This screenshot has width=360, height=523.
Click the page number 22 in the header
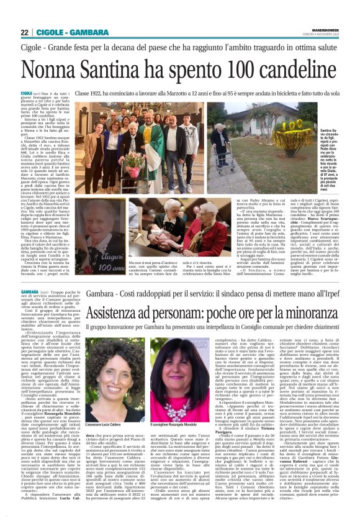pos(25,32)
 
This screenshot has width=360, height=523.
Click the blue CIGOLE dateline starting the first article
pos(46,92)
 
